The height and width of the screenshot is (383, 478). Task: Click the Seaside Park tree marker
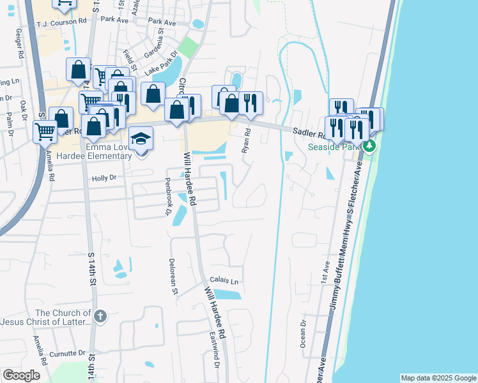coord(369,146)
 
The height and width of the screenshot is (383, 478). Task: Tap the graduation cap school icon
coord(140,140)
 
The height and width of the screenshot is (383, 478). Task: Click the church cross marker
coord(100,316)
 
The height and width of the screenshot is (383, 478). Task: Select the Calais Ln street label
coord(225,281)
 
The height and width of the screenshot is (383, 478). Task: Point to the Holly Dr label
coord(105,179)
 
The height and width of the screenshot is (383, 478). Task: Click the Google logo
coord(21,375)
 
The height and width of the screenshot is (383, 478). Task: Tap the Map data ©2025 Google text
coord(438,378)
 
